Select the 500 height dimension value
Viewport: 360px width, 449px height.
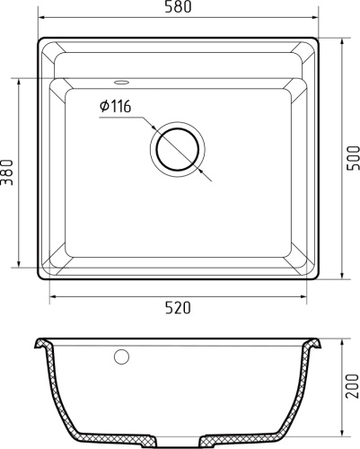352,160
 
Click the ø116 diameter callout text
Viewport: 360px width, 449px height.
116,107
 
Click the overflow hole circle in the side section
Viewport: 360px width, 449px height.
121,357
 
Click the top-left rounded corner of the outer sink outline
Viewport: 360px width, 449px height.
42,40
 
